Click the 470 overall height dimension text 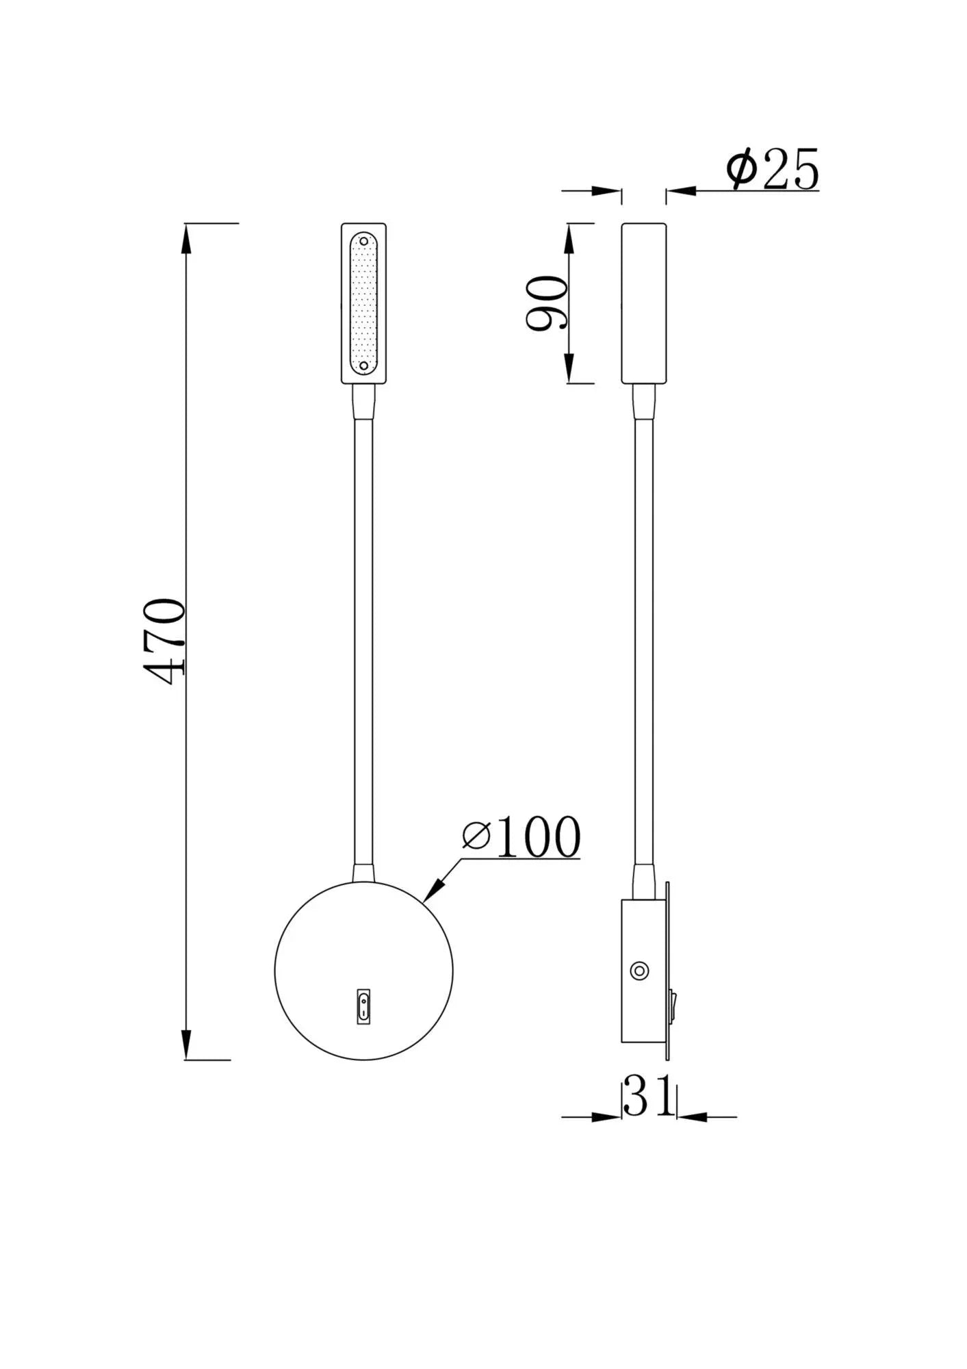click(166, 642)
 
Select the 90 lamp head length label click(547, 303)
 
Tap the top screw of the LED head click(364, 242)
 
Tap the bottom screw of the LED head click(364, 366)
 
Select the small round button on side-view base click(640, 970)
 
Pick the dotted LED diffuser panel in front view click(364, 305)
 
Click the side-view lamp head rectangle click(643, 303)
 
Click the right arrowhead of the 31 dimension click(690, 1117)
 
